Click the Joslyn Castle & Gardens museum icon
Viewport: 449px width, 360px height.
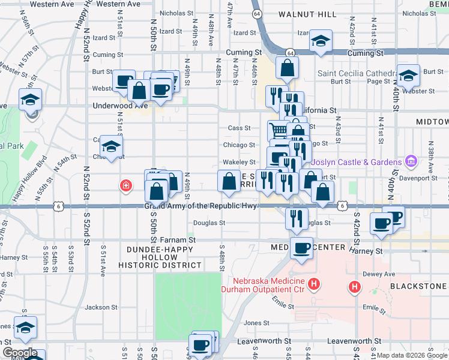point(411,161)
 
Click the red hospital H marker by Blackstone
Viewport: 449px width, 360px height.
point(355,287)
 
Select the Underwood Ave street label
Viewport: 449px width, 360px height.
point(120,105)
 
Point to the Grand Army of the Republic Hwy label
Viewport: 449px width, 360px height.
point(200,206)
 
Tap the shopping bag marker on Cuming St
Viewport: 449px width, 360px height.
point(288,68)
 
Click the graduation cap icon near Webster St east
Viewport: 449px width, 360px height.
point(408,76)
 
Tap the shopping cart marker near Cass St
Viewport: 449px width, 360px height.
point(279,130)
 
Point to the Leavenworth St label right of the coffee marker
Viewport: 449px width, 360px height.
point(264,340)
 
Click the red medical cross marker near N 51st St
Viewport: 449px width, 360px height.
point(125,185)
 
